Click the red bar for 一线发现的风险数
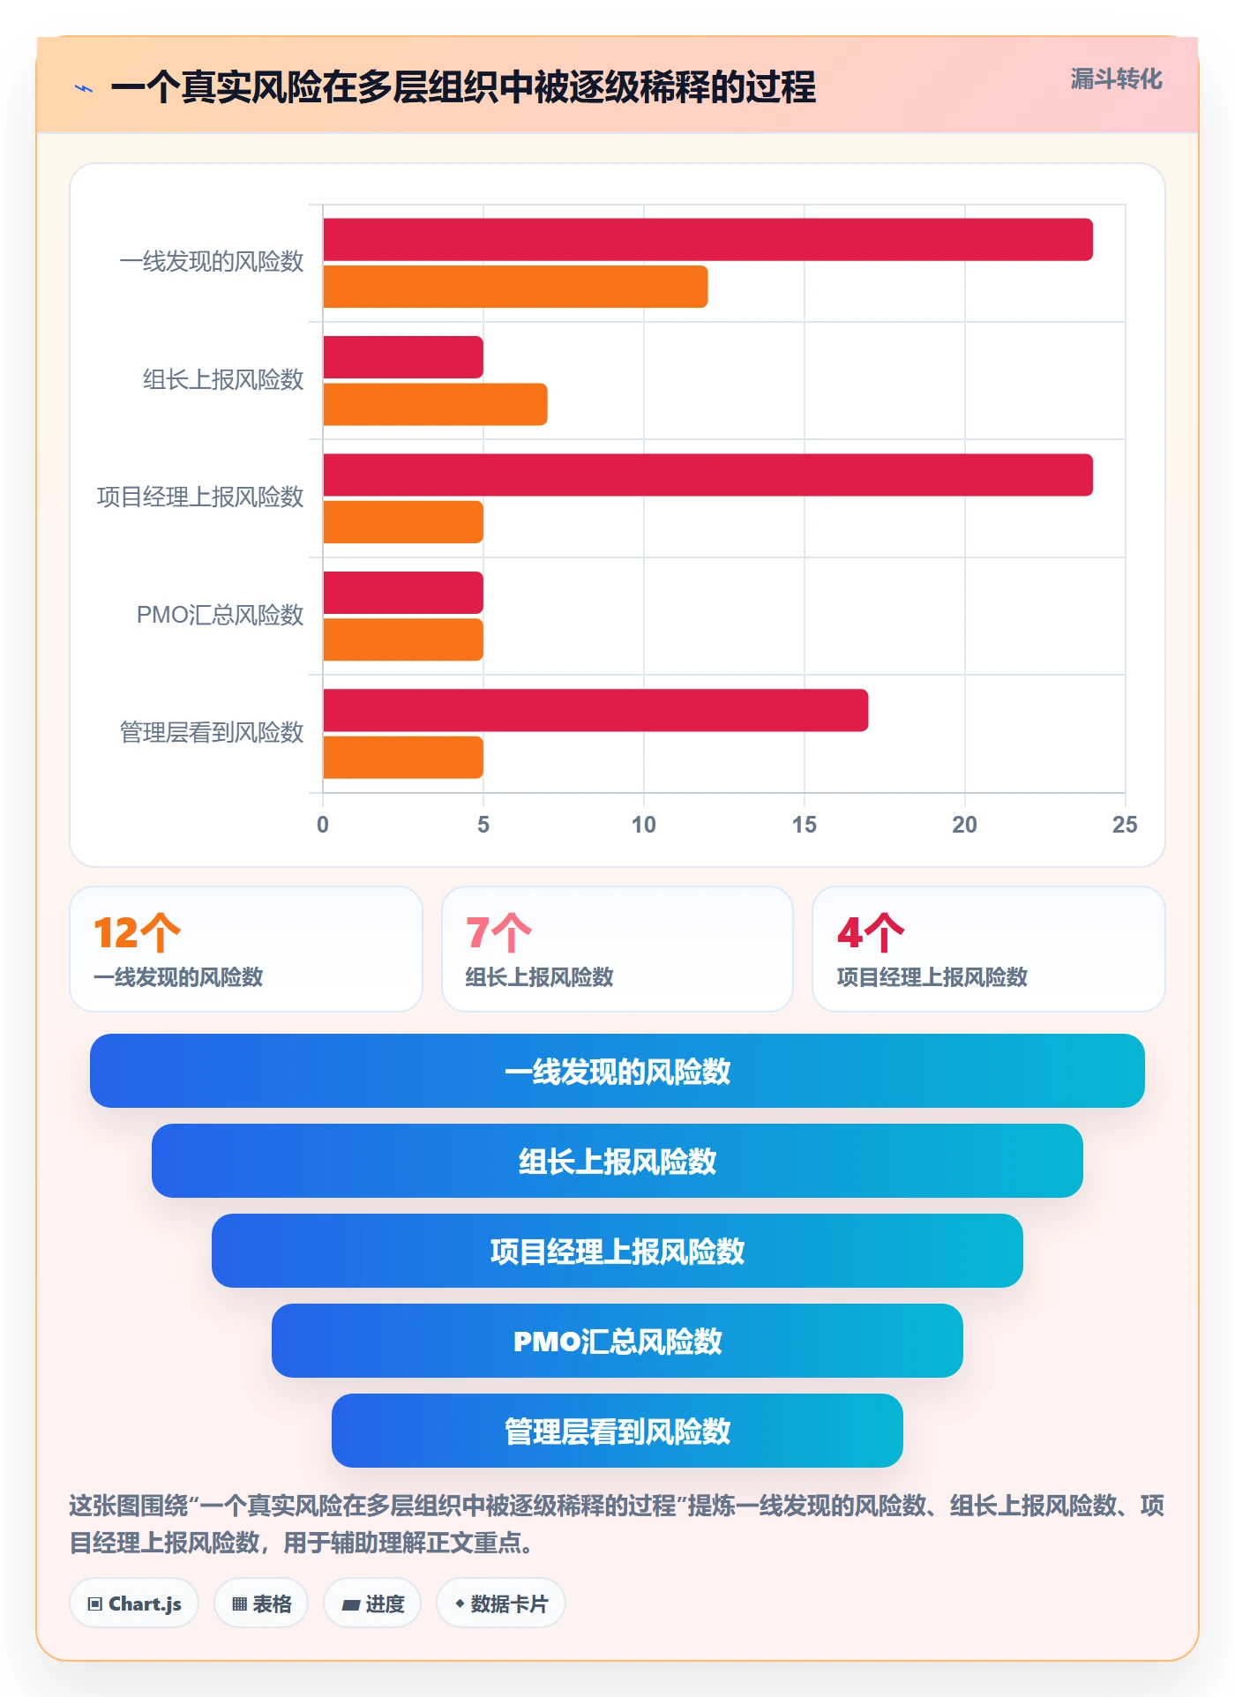[x=707, y=240]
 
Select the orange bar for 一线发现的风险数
[x=515, y=287]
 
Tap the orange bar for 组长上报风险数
[x=435, y=404]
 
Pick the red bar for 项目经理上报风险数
[x=707, y=475]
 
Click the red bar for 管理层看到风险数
[x=595, y=710]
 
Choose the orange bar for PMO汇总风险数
[x=403, y=639]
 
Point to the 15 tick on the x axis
[x=804, y=825]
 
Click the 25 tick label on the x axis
[x=1125, y=825]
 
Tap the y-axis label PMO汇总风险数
[x=220, y=615]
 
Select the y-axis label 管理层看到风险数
[x=212, y=732]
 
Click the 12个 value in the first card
[x=137, y=932]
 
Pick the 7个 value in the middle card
[x=498, y=932]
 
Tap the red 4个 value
[x=871, y=932]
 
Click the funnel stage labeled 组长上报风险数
[x=617, y=1161]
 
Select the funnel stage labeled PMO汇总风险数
[x=617, y=1341]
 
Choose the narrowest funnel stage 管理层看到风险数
[x=617, y=1431]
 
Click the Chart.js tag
[x=134, y=1604]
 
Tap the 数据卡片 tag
[x=501, y=1604]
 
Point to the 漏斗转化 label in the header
[x=1116, y=79]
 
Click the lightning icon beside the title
[x=84, y=88]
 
